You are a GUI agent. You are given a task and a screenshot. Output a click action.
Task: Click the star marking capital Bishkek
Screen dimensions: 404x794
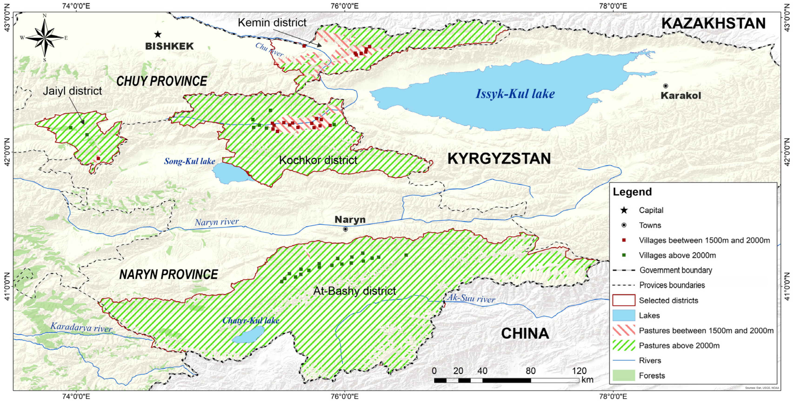pos(158,34)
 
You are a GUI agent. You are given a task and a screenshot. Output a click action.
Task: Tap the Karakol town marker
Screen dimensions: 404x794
pos(665,86)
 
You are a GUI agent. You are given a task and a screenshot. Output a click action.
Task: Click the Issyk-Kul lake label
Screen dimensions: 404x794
pos(515,94)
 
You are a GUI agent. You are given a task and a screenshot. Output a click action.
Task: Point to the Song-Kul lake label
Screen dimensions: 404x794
pos(189,161)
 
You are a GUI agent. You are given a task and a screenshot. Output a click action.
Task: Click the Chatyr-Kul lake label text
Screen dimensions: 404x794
pos(251,320)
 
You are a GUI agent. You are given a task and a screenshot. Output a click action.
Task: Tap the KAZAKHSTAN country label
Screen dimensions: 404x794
pos(714,24)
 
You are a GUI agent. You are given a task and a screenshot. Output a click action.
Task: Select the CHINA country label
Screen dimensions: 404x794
pos(525,333)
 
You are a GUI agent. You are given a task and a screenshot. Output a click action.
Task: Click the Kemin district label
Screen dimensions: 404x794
pos(272,23)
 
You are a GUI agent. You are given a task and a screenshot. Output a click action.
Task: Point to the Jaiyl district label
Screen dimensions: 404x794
pos(72,91)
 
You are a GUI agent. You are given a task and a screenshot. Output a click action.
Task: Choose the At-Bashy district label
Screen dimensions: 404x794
pos(354,291)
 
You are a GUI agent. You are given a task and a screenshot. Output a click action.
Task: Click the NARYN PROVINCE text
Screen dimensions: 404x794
pos(169,274)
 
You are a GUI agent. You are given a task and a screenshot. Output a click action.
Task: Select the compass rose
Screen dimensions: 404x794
pos(45,38)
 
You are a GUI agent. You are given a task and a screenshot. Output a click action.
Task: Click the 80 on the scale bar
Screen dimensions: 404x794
pos(530,371)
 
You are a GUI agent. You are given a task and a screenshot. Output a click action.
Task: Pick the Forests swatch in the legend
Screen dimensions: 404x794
pos(624,375)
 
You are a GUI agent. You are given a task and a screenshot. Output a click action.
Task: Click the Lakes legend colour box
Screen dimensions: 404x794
pos(624,315)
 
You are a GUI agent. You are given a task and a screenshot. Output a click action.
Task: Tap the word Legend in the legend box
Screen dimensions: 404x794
pos(632,192)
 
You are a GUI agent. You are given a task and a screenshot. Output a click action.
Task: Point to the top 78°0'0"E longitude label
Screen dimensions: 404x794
pos(613,6)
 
